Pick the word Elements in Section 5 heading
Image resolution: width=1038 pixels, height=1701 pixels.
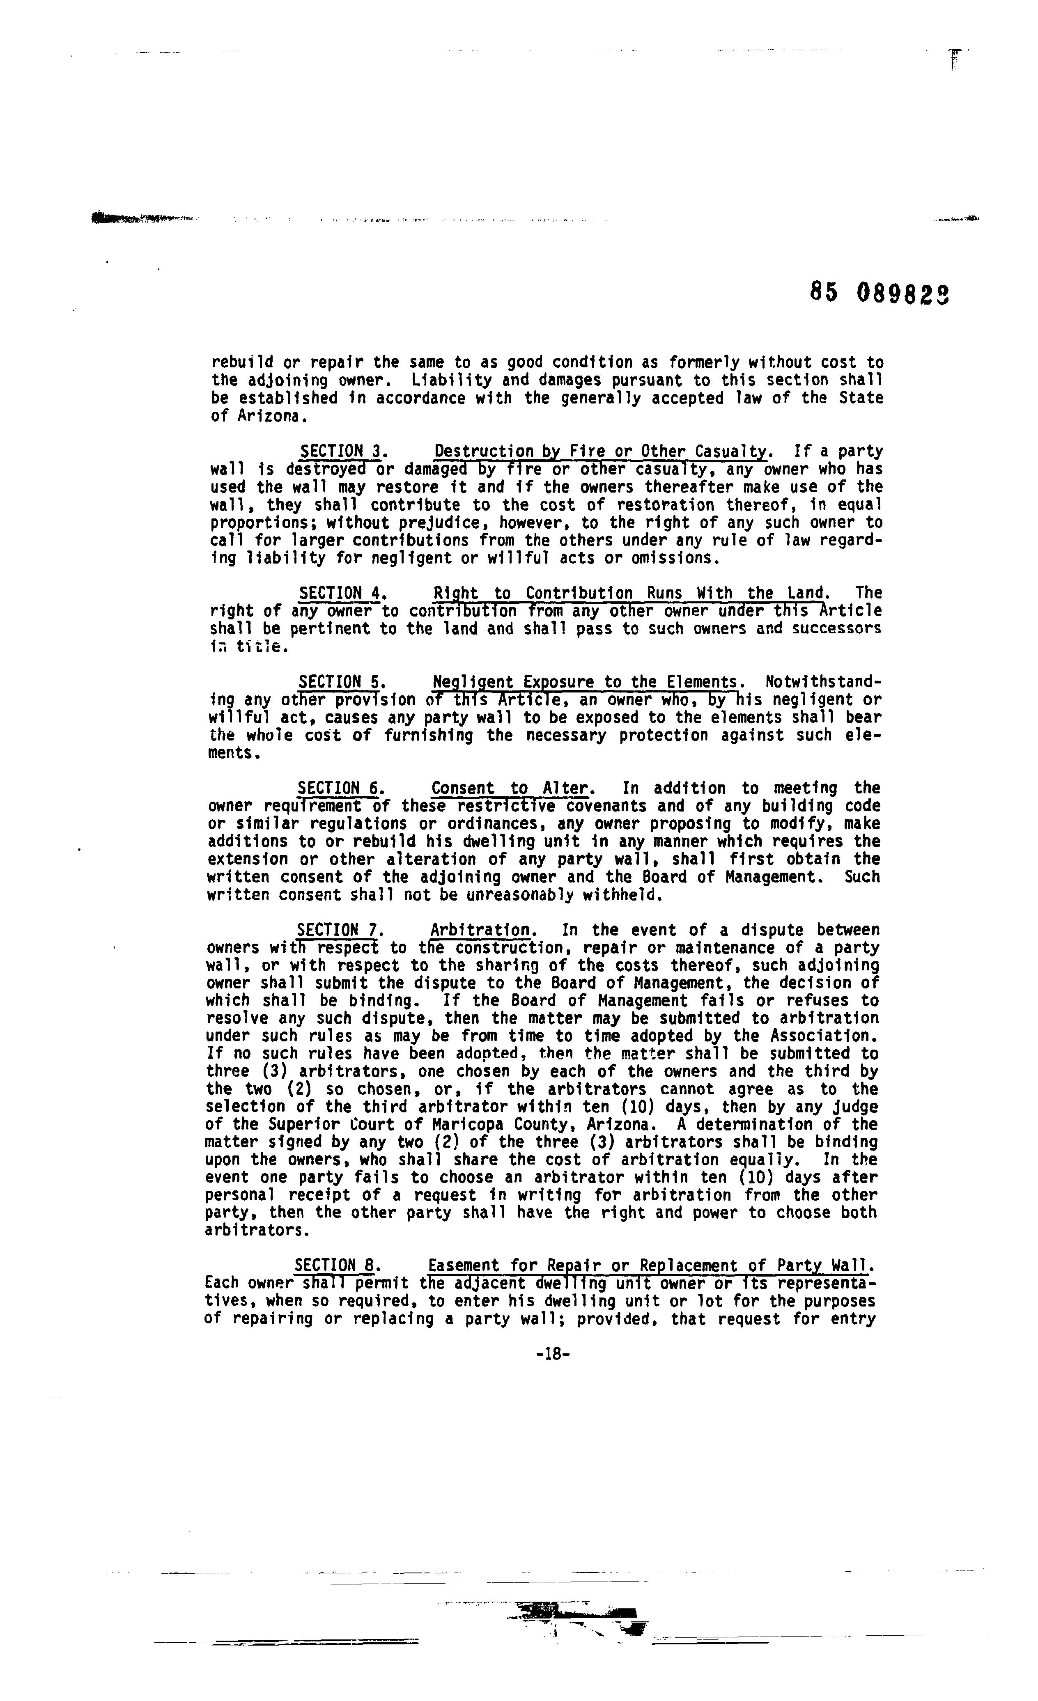702,683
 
